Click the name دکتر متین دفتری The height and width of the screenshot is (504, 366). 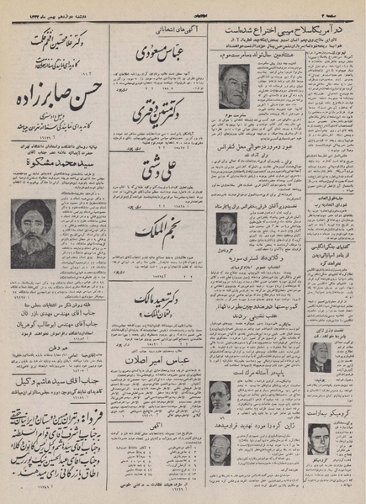point(159,114)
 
